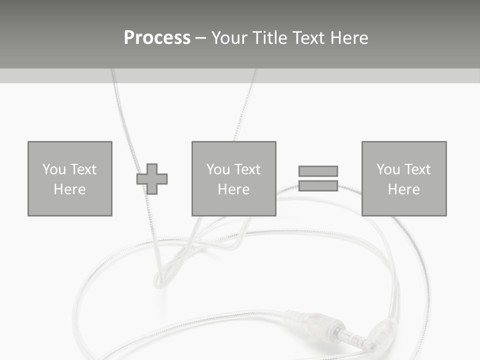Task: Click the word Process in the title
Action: point(157,38)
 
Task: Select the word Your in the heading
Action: point(229,38)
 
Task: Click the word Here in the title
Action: point(348,38)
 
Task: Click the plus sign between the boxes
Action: point(152,179)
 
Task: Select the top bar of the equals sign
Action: point(318,171)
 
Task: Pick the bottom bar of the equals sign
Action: point(318,185)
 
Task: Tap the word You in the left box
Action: point(54,169)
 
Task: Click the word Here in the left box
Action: point(69,189)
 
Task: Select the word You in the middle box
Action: point(218,169)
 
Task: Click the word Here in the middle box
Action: point(233,189)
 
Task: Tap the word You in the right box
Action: point(388,169)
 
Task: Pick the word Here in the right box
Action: point(403,189)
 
